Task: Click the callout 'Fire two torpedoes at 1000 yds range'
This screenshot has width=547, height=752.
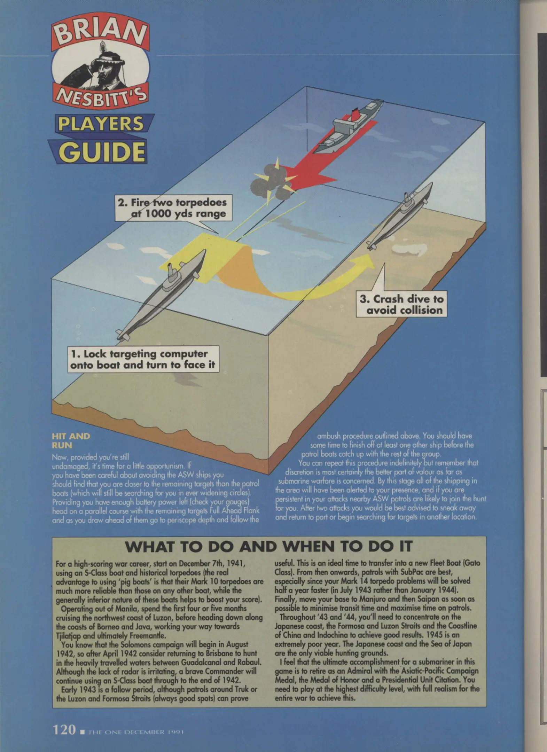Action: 173,208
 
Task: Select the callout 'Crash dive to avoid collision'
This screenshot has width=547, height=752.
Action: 401,304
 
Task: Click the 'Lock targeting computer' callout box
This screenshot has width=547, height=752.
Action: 143,359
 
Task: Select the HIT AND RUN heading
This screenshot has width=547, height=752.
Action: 71,440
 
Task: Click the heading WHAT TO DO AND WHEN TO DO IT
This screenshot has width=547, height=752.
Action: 268,546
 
